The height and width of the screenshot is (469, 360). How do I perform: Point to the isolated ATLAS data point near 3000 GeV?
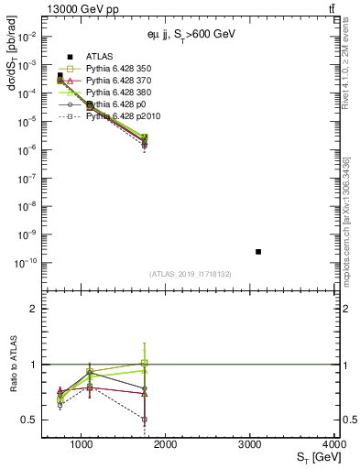258,251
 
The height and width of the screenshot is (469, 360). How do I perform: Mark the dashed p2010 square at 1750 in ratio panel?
144,419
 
